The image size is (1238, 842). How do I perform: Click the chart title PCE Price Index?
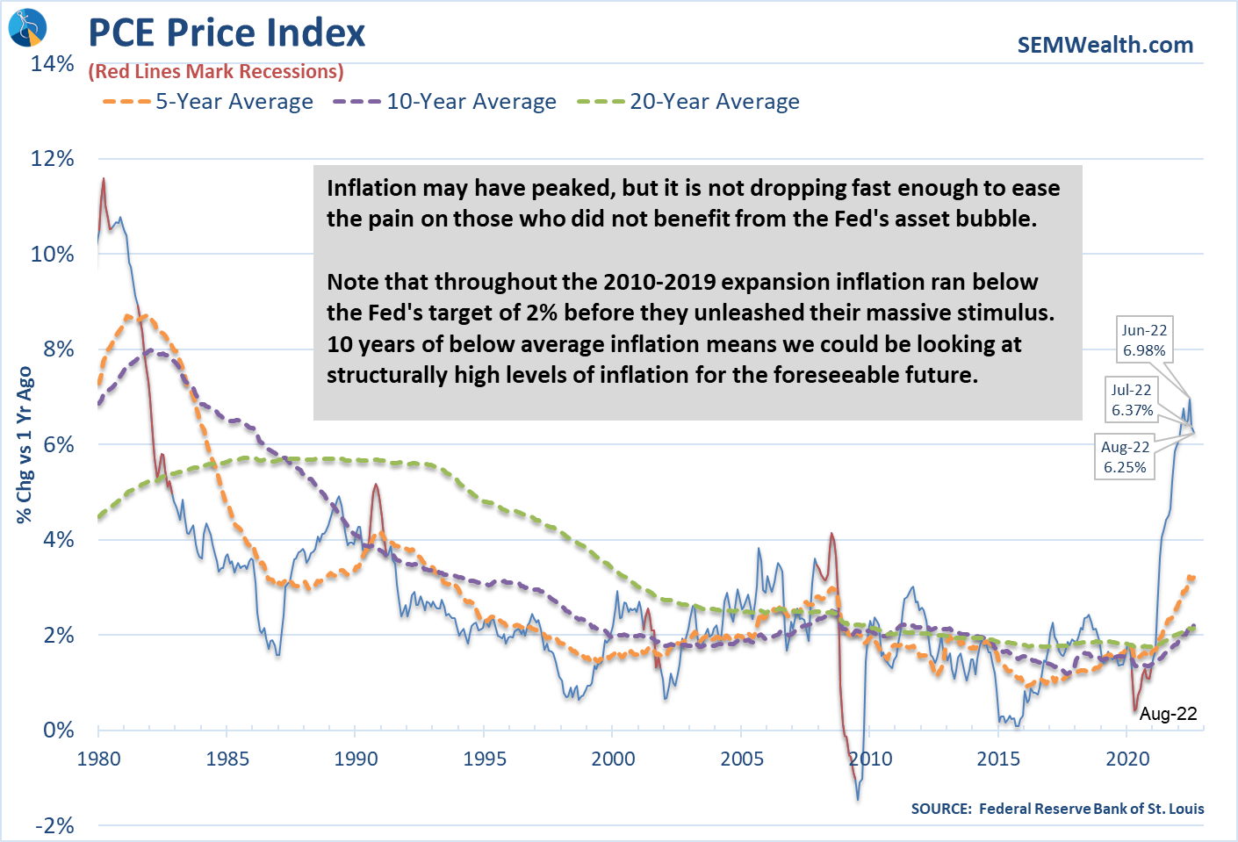click(227, 33)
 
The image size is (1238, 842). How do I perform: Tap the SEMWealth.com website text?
click(1105, 45)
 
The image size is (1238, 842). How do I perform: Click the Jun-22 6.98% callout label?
click(1144, 340)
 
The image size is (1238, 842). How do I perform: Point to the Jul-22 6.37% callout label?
click(1132, 399)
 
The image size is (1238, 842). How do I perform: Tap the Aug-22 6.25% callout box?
click(1125, 457)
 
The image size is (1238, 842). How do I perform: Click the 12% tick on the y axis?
click(53, 159)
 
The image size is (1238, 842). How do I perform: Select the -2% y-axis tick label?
click(54, 825)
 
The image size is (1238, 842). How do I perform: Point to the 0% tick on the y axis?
click(59, 730)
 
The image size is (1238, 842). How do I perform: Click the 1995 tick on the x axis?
click(485, 759)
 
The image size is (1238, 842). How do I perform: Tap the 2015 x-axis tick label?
click(998, 759)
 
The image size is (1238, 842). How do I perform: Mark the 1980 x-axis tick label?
click(98, 759)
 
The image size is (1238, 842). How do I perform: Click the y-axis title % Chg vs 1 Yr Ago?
click(25, 445)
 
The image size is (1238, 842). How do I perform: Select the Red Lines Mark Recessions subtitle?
click(216, 72)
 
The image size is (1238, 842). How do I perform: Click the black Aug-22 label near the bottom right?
click(1168, 714)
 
